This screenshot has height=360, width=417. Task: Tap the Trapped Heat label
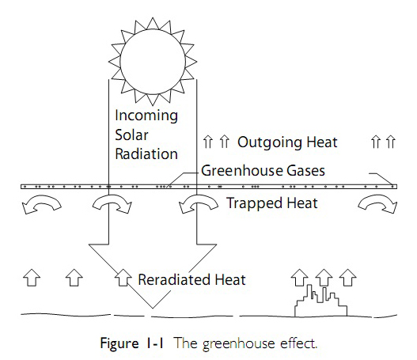(272, 203)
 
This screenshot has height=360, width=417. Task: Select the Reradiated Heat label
(192, 279)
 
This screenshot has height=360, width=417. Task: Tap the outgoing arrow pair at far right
(383, 142)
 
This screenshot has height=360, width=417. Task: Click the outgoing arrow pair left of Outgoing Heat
(215, 142)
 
